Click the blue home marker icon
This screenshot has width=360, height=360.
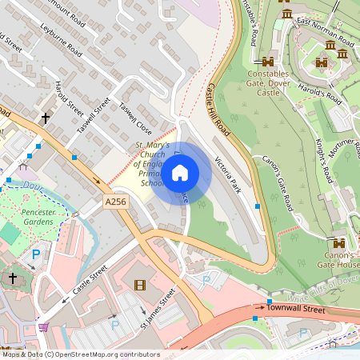click(x=180, y=172)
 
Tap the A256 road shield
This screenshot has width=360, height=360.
click(x=116, y=204)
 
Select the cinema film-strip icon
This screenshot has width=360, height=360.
click(x=141, y=285)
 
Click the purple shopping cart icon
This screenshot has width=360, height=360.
click(x=42, y=326)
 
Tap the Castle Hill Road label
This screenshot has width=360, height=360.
click(x=218, y=109)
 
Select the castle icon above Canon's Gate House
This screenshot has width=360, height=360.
click(x=339, y=242)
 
